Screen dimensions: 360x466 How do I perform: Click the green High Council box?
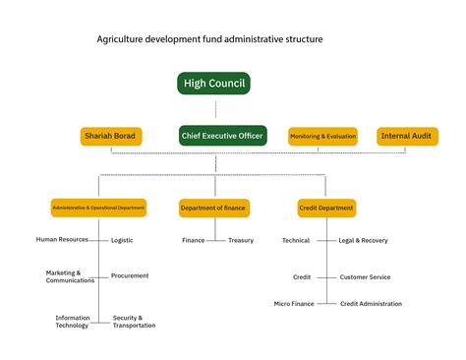click(214, 84)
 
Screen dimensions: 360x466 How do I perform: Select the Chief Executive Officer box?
click(223, 136)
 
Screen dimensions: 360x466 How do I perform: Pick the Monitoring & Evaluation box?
click(322, 136)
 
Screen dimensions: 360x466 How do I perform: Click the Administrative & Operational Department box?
click(98, 208)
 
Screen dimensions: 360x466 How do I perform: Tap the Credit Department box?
click(326, 208)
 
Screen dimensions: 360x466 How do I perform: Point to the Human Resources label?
click(62, 239)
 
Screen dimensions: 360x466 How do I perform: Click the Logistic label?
click(122, 240)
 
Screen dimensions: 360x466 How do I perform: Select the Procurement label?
click(130, 275)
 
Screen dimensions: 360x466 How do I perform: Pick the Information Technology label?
click(73, 322)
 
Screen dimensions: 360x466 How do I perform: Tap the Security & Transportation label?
click(134, 322)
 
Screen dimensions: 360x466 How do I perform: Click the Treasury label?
click(241, 240)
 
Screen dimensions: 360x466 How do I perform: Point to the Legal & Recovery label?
click(363, 240)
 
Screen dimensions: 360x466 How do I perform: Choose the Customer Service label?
click(365, 276)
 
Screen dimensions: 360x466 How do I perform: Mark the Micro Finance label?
click(294, 304)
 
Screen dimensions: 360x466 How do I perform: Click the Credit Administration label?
click(371, 304)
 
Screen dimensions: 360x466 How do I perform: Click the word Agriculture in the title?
click(121, 39)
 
